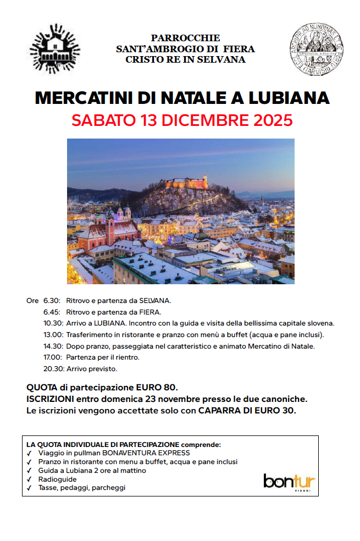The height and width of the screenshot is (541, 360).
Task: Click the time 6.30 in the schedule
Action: [52, 301]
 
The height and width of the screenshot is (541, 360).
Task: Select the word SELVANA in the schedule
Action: [153, 301]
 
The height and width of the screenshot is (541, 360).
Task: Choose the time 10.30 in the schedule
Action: [54, 323]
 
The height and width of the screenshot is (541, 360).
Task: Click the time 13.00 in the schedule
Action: [54, 334]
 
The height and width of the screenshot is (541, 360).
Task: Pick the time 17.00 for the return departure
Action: [54, 357]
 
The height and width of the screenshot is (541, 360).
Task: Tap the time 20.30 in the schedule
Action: [54, 368]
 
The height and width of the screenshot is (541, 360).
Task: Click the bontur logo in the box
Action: [289, 482]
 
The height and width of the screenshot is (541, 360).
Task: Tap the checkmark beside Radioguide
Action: [29, 479]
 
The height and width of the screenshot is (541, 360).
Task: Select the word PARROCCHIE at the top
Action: [185, 38]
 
